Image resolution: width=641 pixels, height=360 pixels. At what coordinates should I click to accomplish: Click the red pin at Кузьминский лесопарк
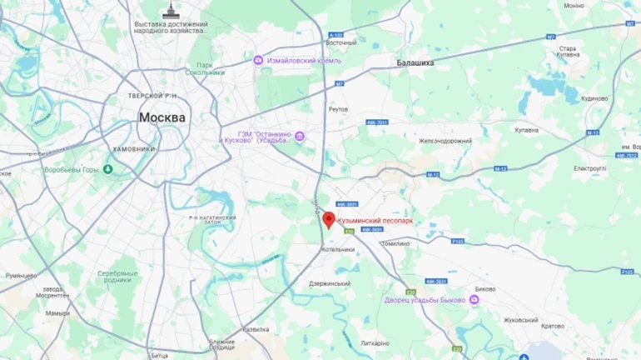(x=329, y=219)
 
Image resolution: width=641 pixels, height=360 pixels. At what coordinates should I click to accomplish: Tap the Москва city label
(x=161, y=117)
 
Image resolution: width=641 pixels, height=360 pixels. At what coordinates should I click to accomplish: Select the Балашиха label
(x=415, y=62)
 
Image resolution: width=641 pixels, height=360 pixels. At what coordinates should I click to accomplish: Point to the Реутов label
(x=338, y=109)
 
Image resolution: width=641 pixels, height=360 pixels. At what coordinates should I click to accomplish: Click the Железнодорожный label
(x=445, y=141)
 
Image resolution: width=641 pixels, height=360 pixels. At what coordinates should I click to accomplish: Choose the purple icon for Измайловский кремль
(x=259, y=60)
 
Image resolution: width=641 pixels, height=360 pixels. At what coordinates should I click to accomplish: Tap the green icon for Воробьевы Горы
(x=108, y=170)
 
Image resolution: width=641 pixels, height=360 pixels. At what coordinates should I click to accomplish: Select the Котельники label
(x=338, y=249)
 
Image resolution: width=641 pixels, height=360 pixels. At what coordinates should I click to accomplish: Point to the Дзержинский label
(x=330, y=283)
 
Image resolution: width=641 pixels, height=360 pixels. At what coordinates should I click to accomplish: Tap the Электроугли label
(x=589, y=168)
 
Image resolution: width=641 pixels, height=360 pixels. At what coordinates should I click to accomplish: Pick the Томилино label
(x=395, y=243)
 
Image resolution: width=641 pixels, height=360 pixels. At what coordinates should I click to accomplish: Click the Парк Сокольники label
(x=211, y=68)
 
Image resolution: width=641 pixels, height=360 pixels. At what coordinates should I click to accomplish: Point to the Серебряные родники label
(x=117, y=277)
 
